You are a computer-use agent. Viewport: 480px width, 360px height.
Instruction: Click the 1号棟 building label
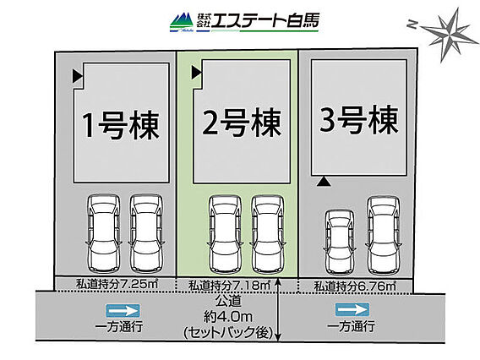coord(121,126)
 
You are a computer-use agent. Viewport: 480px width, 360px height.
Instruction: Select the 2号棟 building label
coord(242,123)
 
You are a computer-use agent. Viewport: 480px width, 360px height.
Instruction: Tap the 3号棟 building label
coord(359,120)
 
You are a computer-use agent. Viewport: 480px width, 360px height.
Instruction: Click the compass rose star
coord(450,35)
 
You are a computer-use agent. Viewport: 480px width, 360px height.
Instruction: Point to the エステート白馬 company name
coord(265,21)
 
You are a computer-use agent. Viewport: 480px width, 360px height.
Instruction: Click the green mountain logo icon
coord(182,22)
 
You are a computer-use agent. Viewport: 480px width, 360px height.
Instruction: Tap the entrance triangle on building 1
coord(78,76)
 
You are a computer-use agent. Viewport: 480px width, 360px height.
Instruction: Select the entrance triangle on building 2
coord(196,73)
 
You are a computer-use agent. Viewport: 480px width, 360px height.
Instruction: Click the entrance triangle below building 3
coord(324,182)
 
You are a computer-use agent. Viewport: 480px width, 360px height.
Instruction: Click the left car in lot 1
coord(103,233)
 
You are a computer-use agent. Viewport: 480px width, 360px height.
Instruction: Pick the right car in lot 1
coord(146,233)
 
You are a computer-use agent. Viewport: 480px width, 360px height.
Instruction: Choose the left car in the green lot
coord(225,234)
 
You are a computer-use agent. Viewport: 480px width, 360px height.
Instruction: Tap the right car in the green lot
coord(267,234)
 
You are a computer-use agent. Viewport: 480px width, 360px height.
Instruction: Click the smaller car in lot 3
coord(339,243)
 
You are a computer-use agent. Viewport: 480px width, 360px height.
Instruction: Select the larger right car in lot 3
coord(384,236)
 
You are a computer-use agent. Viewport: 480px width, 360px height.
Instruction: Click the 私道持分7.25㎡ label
coord(117,284)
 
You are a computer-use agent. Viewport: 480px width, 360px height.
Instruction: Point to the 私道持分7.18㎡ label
coord(229,286)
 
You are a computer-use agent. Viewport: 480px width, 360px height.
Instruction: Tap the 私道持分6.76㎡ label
coord(355,286)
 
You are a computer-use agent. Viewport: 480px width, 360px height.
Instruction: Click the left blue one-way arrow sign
coord(123,311)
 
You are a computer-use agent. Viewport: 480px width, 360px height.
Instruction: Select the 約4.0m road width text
coord(228,317)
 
